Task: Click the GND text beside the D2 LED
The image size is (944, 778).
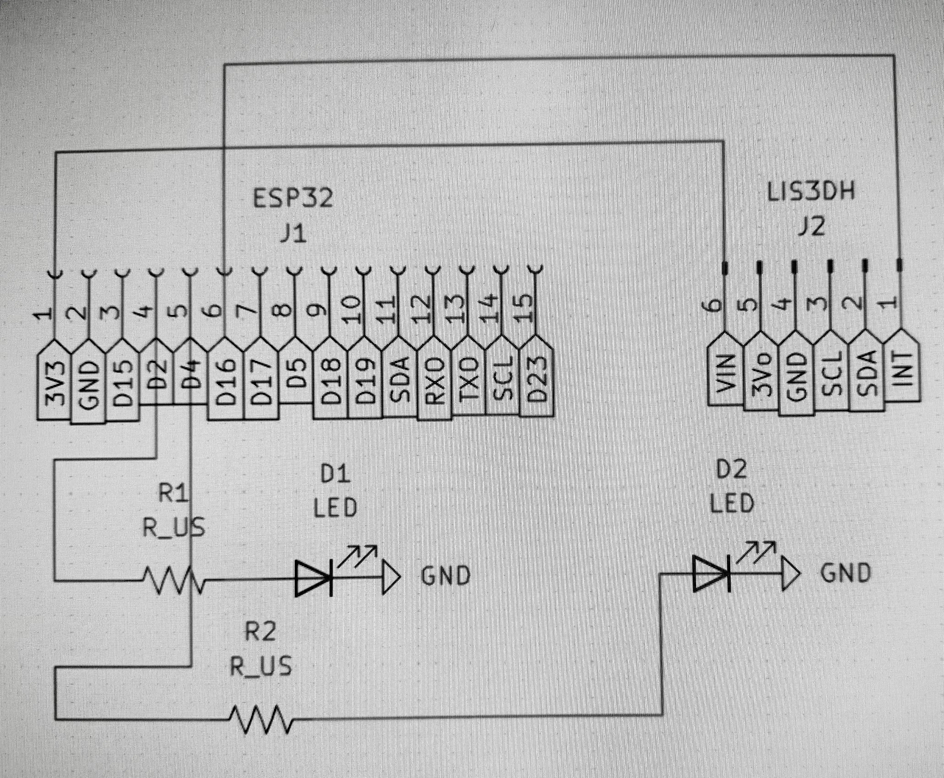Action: pos(845,573)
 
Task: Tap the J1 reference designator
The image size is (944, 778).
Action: pos(294,234)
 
